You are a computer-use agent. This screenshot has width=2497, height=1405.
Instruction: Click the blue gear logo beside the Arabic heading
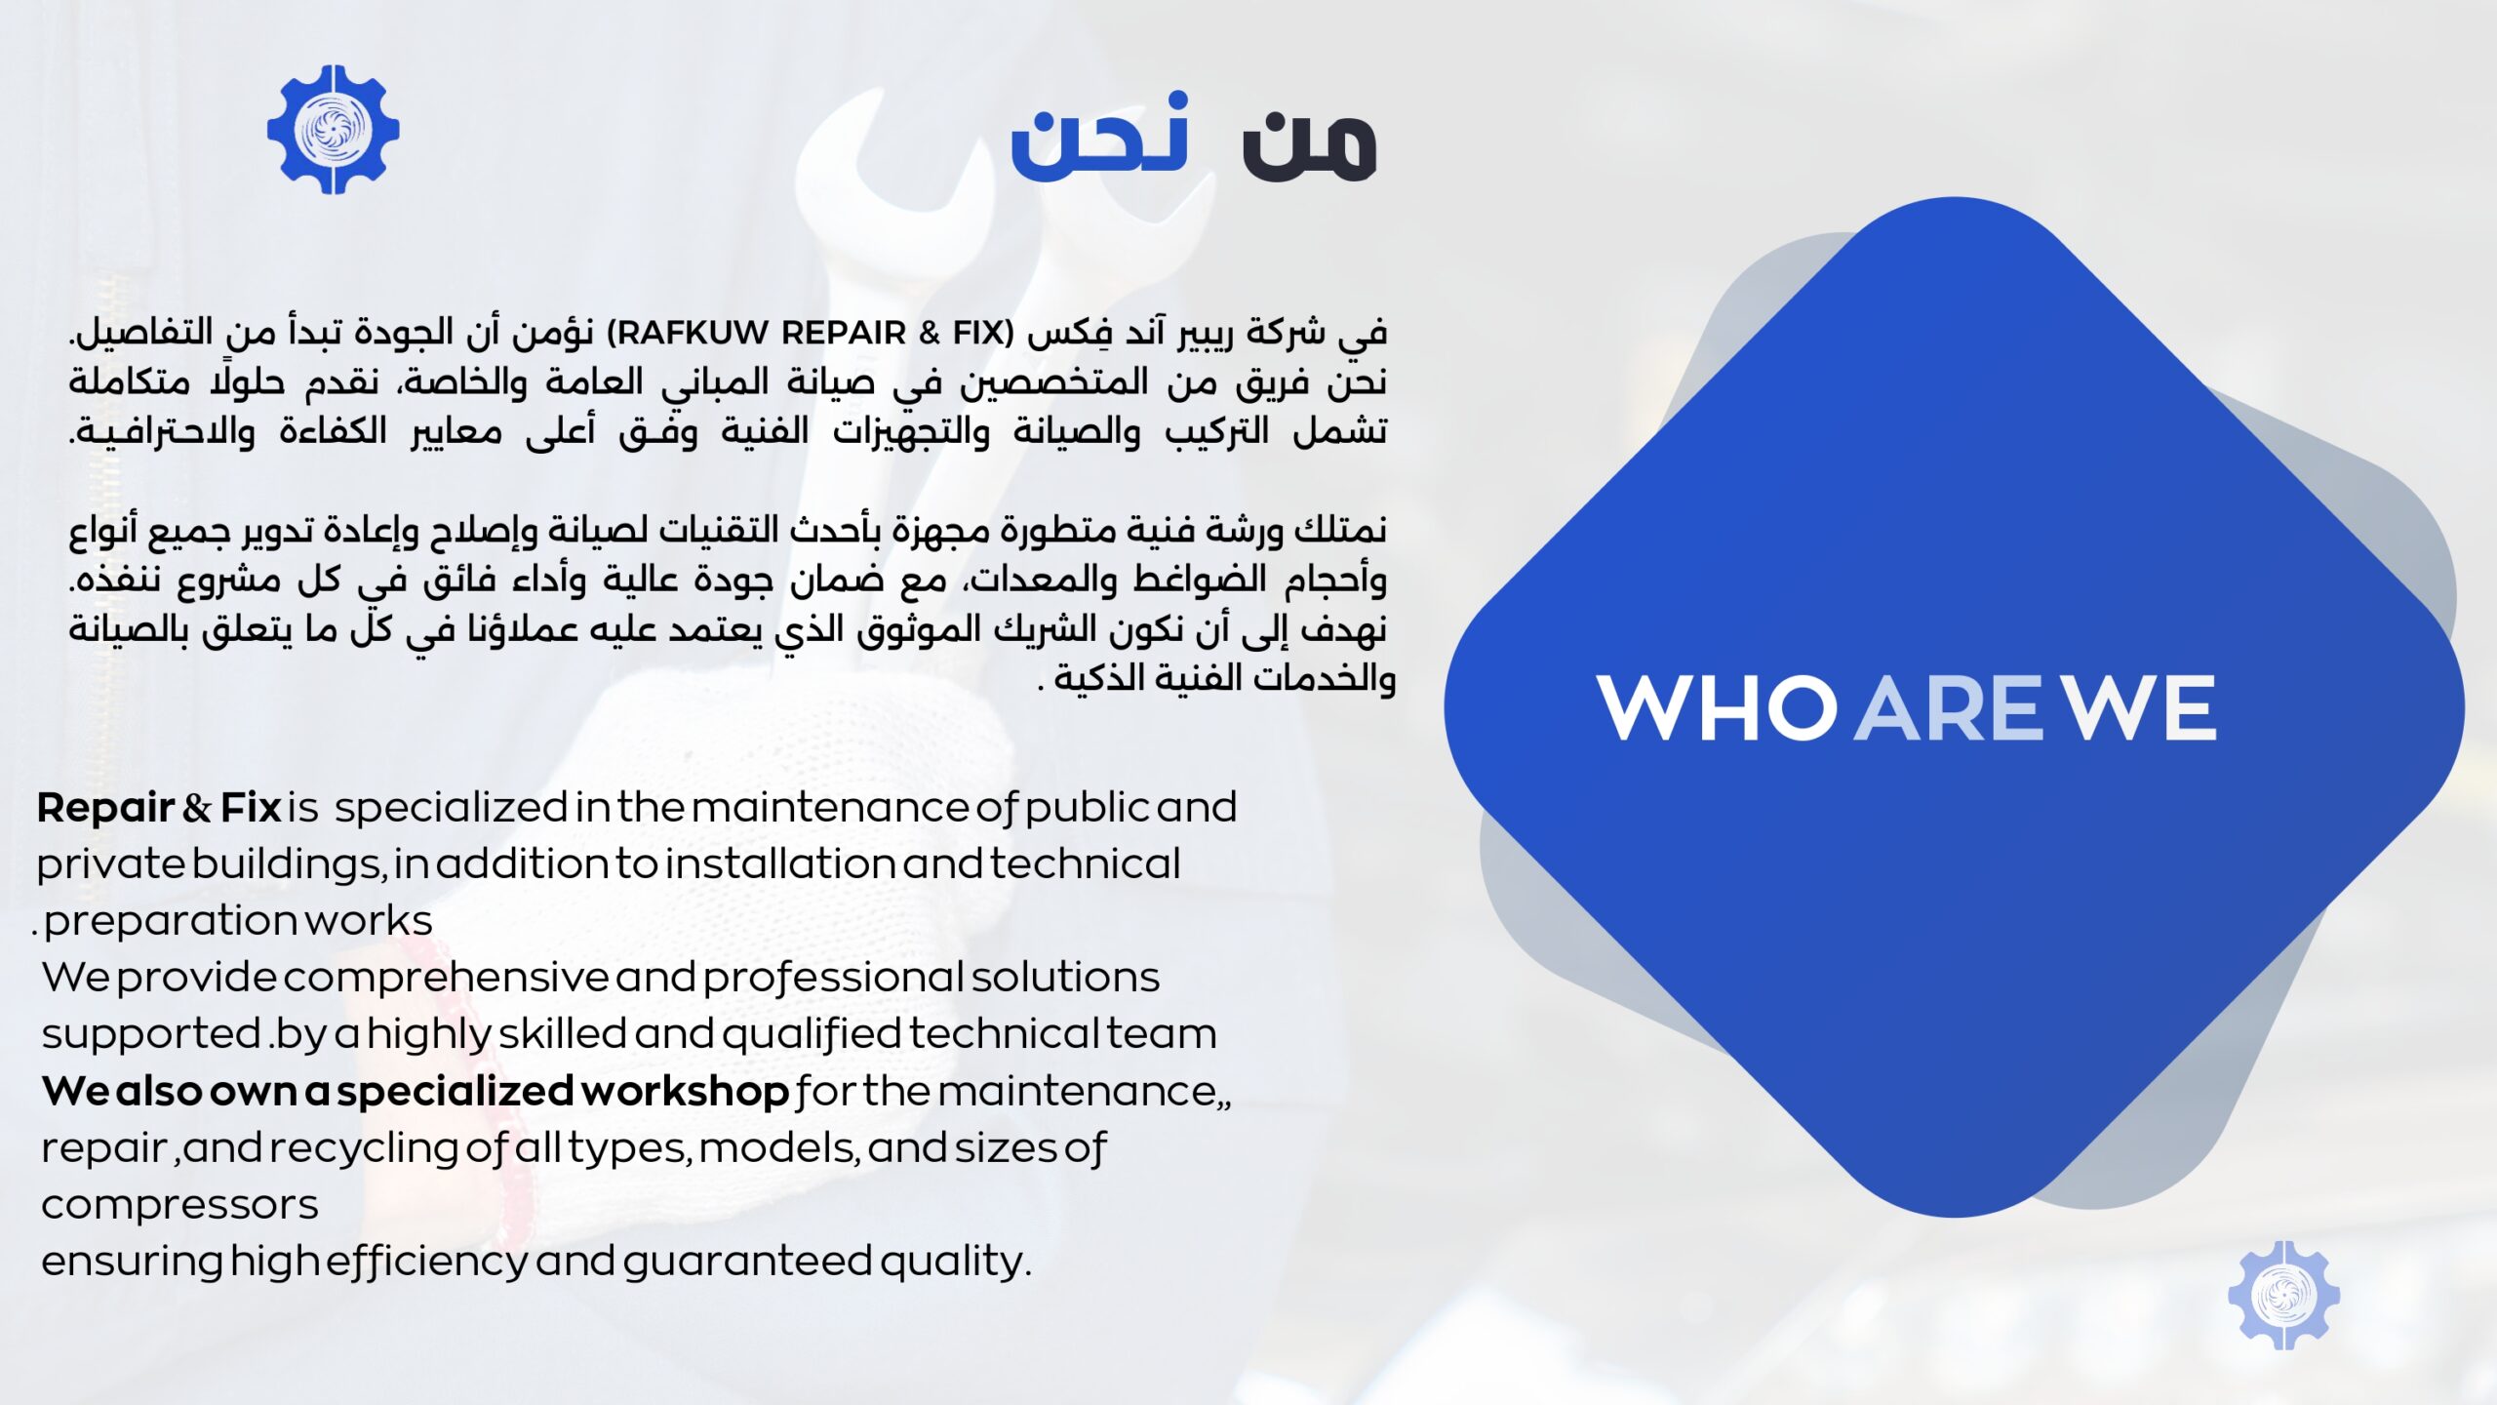coord(333,130)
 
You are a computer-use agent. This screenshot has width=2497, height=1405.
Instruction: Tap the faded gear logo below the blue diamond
coord(2282,1295)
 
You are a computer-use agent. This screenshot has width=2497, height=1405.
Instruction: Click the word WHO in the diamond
coord(1716,708)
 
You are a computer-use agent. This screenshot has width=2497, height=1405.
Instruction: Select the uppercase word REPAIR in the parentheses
coord(844,334)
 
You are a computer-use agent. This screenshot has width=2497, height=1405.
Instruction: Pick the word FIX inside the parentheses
coord(978,334)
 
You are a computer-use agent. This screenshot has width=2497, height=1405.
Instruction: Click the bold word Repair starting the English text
coord(105,809)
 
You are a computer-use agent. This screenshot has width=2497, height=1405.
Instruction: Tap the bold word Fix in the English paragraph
coord(251,808)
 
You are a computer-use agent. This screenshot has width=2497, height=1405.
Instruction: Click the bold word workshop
coord(685,1092)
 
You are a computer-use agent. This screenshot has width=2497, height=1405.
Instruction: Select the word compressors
coord(179,1206)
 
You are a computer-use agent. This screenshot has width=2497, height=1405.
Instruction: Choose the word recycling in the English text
coord(364,1149)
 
